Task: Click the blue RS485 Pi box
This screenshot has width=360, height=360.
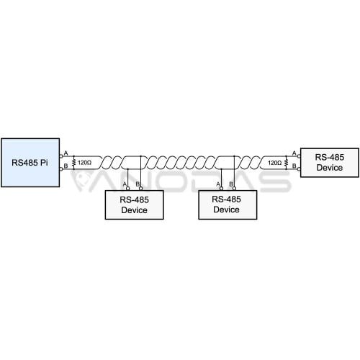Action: [30, 163]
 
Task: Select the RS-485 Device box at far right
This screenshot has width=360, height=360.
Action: [330, 163]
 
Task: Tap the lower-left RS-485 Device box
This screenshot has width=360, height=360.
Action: [134, 204]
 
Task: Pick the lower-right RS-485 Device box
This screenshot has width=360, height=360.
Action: [228, 204]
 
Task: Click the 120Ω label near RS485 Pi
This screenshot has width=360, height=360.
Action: [84, 163]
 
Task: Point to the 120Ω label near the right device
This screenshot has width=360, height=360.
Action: [274, 163]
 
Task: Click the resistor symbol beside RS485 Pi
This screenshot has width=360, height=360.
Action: [74, 163]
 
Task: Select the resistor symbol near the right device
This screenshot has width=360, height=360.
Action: [286, 163]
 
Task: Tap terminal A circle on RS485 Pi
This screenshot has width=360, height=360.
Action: [61, 156]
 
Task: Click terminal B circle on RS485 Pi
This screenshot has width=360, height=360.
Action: [61, 169]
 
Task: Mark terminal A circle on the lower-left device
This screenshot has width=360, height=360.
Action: [128, 189]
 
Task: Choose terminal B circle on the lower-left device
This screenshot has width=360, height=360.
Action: [140, 189]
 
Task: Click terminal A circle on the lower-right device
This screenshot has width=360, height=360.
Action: [221, 189]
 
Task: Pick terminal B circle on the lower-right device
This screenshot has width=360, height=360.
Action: [234, 189]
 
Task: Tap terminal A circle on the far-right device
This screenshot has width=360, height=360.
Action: [299, 156]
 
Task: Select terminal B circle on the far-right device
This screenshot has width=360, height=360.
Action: [299, 169]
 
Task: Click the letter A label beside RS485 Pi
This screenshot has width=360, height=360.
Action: [66, 153]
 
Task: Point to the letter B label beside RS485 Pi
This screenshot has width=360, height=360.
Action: [66, 166]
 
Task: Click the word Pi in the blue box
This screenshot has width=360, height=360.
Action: [44, 163]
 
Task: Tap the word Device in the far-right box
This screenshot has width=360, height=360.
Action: [330, 168]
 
